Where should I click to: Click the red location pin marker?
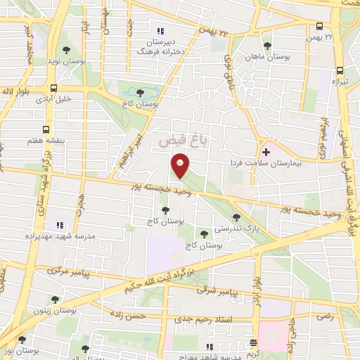tap(181, 165)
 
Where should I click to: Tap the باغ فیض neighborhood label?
tap(174, 141)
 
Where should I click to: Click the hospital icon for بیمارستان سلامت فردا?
tap(266, 151)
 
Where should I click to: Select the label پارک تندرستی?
tap(252, 229)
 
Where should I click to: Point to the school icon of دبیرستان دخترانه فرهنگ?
tap(160, 31)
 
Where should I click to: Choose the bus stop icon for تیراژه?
tap(340, 70)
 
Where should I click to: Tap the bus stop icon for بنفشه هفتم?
tap(46, 129)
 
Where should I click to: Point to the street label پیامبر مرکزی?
tap(65, 271)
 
